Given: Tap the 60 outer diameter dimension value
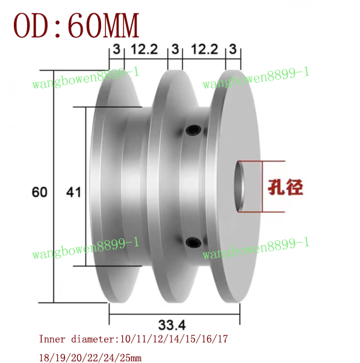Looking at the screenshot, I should [39, 193].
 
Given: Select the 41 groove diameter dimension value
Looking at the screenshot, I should [73, 193].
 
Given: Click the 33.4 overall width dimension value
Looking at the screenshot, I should [173, 326].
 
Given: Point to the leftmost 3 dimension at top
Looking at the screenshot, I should [116, 49].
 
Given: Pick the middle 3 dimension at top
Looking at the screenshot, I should [175, 49].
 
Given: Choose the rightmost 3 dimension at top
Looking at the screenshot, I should [233, 49].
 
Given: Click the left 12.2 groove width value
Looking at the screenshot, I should [145, 49].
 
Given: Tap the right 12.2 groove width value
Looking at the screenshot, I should [203, 49].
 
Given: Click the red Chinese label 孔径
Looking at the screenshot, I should [285, 187].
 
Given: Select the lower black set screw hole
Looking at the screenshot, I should [192, 242].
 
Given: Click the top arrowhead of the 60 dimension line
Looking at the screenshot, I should [54, 67].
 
